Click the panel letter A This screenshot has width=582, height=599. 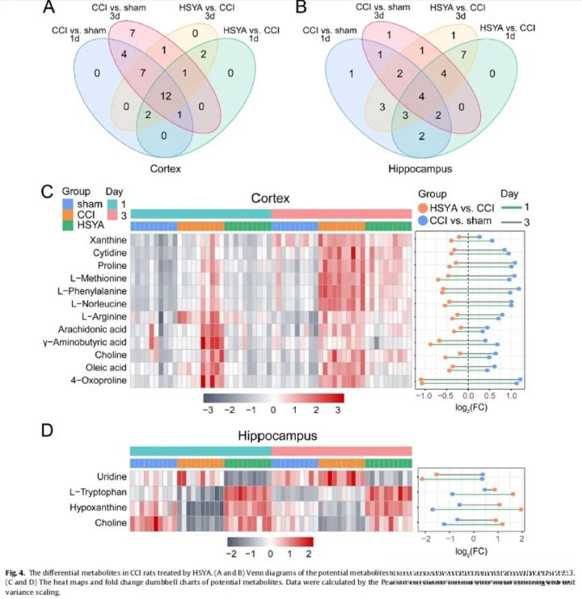click(x=50, y=9)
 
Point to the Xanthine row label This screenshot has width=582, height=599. click(x=104, y=240)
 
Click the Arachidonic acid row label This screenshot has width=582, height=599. click(x=92, y=329)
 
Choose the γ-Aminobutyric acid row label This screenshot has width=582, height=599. click(x=85, y=342)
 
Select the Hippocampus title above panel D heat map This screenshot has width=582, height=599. click(x=271, y=437)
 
